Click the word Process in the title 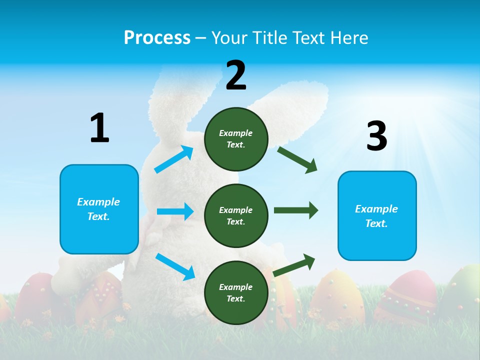coord(157,38)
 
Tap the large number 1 coord(99,128)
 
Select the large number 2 coord(236,75)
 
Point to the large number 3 coord(376,136)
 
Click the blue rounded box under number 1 coord(99,209)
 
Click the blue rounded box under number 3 coord(377,216)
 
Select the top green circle coord(236,139)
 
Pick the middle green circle coord(236,216)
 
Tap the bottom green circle coord(236,292)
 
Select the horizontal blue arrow coord(175,211)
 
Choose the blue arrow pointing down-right coord(175,266)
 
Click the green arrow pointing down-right coord(297,160)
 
